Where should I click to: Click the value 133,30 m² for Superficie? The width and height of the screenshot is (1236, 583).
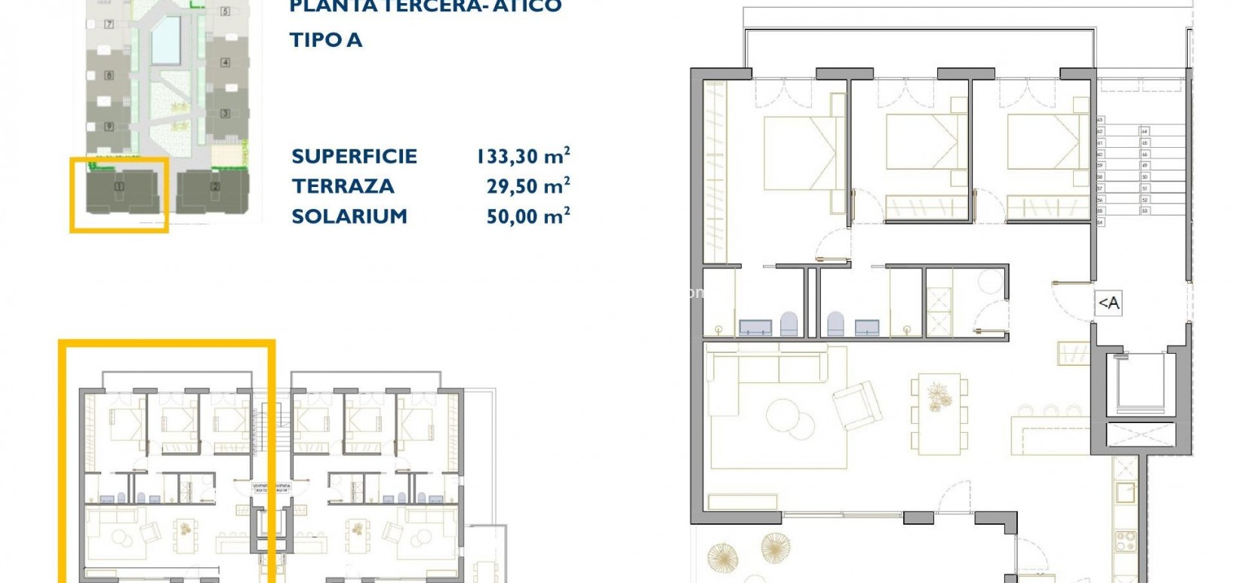tap(522, 156)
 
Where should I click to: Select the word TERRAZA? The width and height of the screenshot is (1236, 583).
tap(343, 186)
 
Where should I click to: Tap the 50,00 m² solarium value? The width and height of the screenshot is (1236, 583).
tap(528, 216)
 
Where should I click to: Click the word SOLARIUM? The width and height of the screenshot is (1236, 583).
tap(349, 216)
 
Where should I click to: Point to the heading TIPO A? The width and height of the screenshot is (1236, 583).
tap(326, 40)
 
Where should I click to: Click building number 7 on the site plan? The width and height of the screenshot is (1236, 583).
tap(109, 25)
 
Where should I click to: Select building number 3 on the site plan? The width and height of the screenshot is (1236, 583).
tap(225, 114)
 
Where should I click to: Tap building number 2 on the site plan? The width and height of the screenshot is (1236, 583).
tap(216, 186)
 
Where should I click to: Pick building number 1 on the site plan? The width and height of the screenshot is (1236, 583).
tap(118, 186)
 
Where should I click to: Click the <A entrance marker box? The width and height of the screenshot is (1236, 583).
tap(1108, 303)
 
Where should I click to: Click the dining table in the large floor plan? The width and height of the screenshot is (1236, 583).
tap(939, 413)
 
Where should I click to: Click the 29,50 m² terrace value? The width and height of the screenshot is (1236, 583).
tap(528, 186)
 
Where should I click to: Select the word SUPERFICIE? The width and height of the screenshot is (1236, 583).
tap(354, 156)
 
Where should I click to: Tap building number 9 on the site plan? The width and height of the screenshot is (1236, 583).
tap(109, 127)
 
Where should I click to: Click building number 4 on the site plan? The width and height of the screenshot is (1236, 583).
tap(225, 63)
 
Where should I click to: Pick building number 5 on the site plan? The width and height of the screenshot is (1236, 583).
tap(225, 11)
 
